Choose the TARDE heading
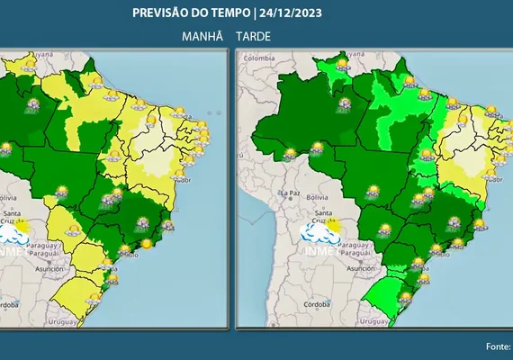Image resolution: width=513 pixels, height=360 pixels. click(x=254, y=35)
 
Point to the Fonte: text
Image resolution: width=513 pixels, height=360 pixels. click(x=497, y=346)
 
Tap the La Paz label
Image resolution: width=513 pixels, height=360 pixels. click(x=290, y=193)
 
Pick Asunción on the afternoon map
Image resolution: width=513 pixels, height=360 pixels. click(x=358, y=268)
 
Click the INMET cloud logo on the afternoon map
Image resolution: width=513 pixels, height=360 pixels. click(x=320, y=236)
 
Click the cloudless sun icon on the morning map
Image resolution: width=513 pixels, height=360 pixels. click(x=146, y=243)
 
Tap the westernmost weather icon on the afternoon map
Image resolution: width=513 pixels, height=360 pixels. click(x=290, y=154)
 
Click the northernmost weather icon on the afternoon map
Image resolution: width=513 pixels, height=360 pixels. click(x=342, y=65)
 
